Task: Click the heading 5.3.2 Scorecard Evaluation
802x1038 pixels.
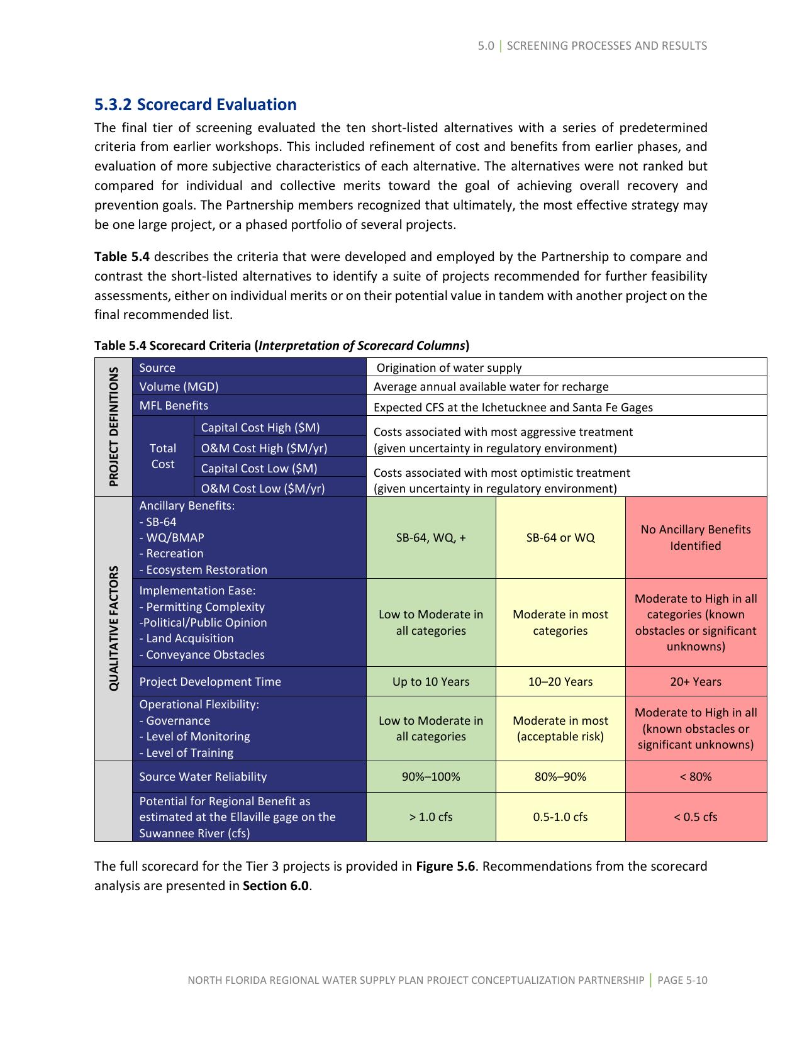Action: [195, 104]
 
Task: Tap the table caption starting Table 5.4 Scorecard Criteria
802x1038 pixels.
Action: [282, 345]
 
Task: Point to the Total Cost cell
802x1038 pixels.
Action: [163, 456]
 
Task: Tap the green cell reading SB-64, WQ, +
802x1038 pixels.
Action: [431, 538]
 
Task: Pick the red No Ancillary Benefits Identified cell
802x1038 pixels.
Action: [696, 538]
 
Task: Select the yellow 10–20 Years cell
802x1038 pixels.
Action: [560, 681]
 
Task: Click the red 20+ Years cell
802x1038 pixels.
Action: [696, 681]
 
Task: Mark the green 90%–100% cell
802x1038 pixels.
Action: [431, 776]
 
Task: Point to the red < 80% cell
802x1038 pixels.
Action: [696, 776]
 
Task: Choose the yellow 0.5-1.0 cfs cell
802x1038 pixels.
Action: [560, 817]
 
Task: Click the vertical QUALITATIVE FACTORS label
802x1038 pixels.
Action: [114, 628]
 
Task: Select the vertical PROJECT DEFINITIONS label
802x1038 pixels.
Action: [114, 427]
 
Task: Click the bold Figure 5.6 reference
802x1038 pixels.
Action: [445, 866]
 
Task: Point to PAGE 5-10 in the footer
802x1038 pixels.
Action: [682, 980]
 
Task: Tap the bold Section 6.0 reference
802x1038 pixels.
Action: [276, 886]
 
